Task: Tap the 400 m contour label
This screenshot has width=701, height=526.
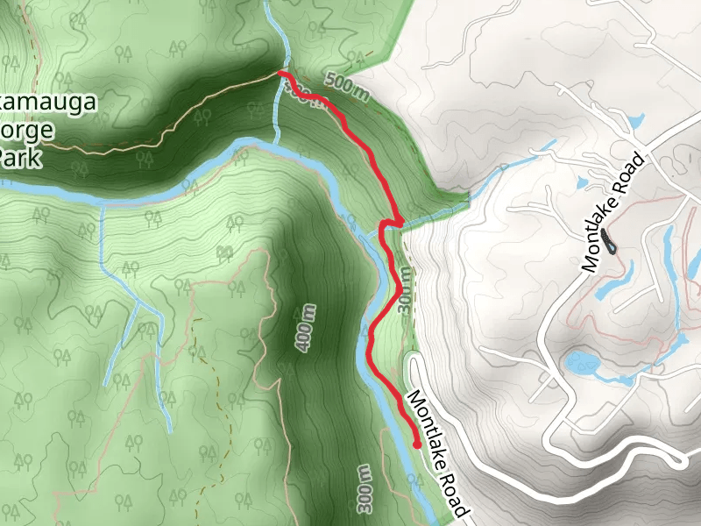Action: click(305, 329)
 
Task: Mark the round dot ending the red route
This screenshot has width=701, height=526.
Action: click(416, 444)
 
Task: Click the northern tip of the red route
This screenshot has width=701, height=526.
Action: click(281, 74)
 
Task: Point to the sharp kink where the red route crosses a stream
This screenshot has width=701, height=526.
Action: click(384, 226)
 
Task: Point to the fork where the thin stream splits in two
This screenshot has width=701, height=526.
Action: click(140, 307)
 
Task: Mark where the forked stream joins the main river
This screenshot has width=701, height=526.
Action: click(102, 203)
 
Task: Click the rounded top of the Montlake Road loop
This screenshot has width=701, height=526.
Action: click(412, 356)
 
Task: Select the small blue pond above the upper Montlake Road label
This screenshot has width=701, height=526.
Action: click(635, 120)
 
